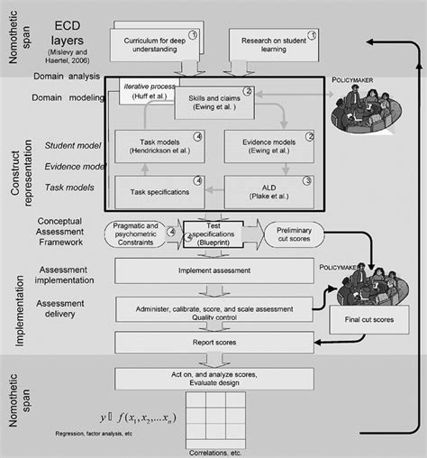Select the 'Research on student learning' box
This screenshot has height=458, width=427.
point(271,43)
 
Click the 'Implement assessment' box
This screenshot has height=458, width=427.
point(214,270)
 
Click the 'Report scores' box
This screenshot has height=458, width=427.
point(214,343)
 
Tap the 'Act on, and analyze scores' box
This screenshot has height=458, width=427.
point(214,378)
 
